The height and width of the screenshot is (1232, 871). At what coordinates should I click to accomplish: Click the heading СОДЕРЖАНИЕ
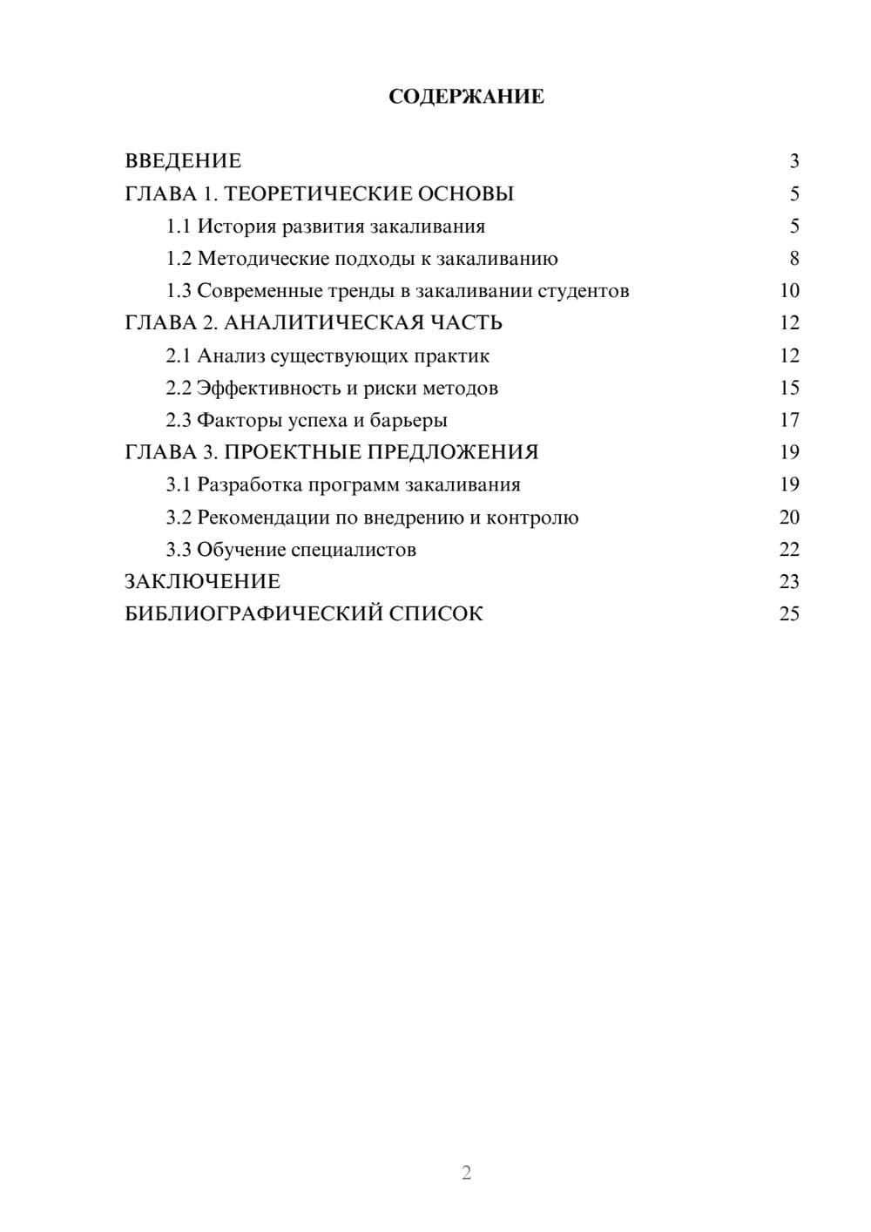pyautogui.click(x=466, y=97)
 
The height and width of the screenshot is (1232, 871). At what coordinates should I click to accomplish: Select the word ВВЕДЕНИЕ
pyautogui.click(x=183, y=161)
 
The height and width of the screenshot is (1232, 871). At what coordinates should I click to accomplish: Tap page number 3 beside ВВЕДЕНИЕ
pyautogui.click(x=793, y=161)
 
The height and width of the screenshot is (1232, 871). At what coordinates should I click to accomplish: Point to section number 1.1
pyautogui.click(x=178, y=227)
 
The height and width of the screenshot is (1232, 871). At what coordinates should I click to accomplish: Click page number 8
pyautogui.click(x=793, y=259)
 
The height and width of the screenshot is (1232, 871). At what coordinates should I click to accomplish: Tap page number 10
pyautogui.click(x=789, y=291)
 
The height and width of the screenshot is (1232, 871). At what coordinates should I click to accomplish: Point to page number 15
pyautogui.click(x=789, y=388)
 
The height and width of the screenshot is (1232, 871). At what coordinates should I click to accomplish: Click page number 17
pyautogui.click(x=789, y=420)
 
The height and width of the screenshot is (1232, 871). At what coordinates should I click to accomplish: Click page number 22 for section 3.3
pyautogui.click(x=789, y=550)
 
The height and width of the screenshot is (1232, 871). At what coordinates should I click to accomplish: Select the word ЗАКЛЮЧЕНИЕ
pyautogui.click(x=202, y=581)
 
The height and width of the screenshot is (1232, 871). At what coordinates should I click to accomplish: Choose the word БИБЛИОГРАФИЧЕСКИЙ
pyautogui.click(x=253, y=613)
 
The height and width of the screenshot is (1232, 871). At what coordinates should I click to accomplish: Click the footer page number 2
pyautogui.click(x=466, y=1173)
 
